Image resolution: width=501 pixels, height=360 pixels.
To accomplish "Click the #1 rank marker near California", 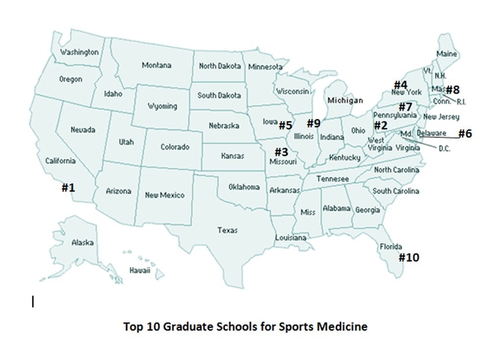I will [68, 188].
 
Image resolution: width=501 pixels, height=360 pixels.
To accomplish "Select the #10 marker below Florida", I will [410, 257].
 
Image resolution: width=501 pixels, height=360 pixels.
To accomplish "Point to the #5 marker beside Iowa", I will [286, 125].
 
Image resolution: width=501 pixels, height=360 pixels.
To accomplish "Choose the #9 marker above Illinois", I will [313, 122].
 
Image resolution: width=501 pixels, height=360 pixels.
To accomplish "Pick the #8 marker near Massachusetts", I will [452, 90].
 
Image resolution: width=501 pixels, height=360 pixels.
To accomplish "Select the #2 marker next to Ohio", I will [379, 125].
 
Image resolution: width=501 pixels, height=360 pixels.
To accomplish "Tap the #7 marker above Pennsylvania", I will [405, 106].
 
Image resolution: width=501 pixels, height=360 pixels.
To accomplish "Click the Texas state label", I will [228, 230].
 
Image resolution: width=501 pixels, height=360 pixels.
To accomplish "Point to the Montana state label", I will [156, 65].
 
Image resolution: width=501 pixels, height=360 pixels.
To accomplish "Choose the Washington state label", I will [79, 52].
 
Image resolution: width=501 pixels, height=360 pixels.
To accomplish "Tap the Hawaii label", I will [140, 271].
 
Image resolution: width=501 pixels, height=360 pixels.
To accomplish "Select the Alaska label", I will [82, 243].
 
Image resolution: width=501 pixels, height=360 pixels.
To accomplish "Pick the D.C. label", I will [444, 149].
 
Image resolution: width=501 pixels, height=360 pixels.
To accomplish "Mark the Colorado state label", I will [175, 147].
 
